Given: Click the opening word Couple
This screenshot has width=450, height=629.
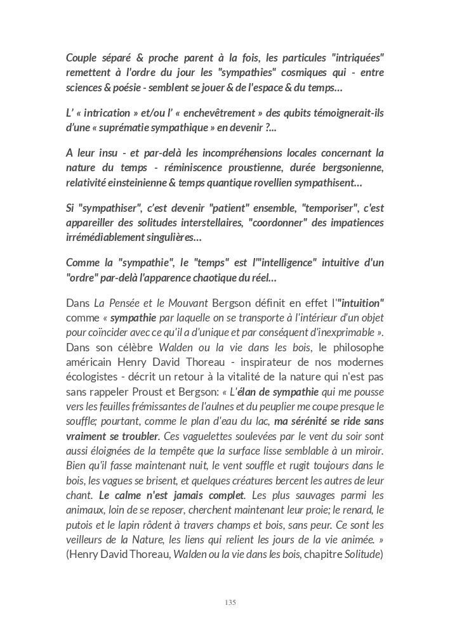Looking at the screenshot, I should [83, 58].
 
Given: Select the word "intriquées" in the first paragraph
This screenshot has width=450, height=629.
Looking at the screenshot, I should [357, 58].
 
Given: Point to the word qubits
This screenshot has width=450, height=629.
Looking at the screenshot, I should [283, 113].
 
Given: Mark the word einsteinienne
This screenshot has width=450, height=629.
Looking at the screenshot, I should [142, 183].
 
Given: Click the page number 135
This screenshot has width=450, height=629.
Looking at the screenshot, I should [230, 602].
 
